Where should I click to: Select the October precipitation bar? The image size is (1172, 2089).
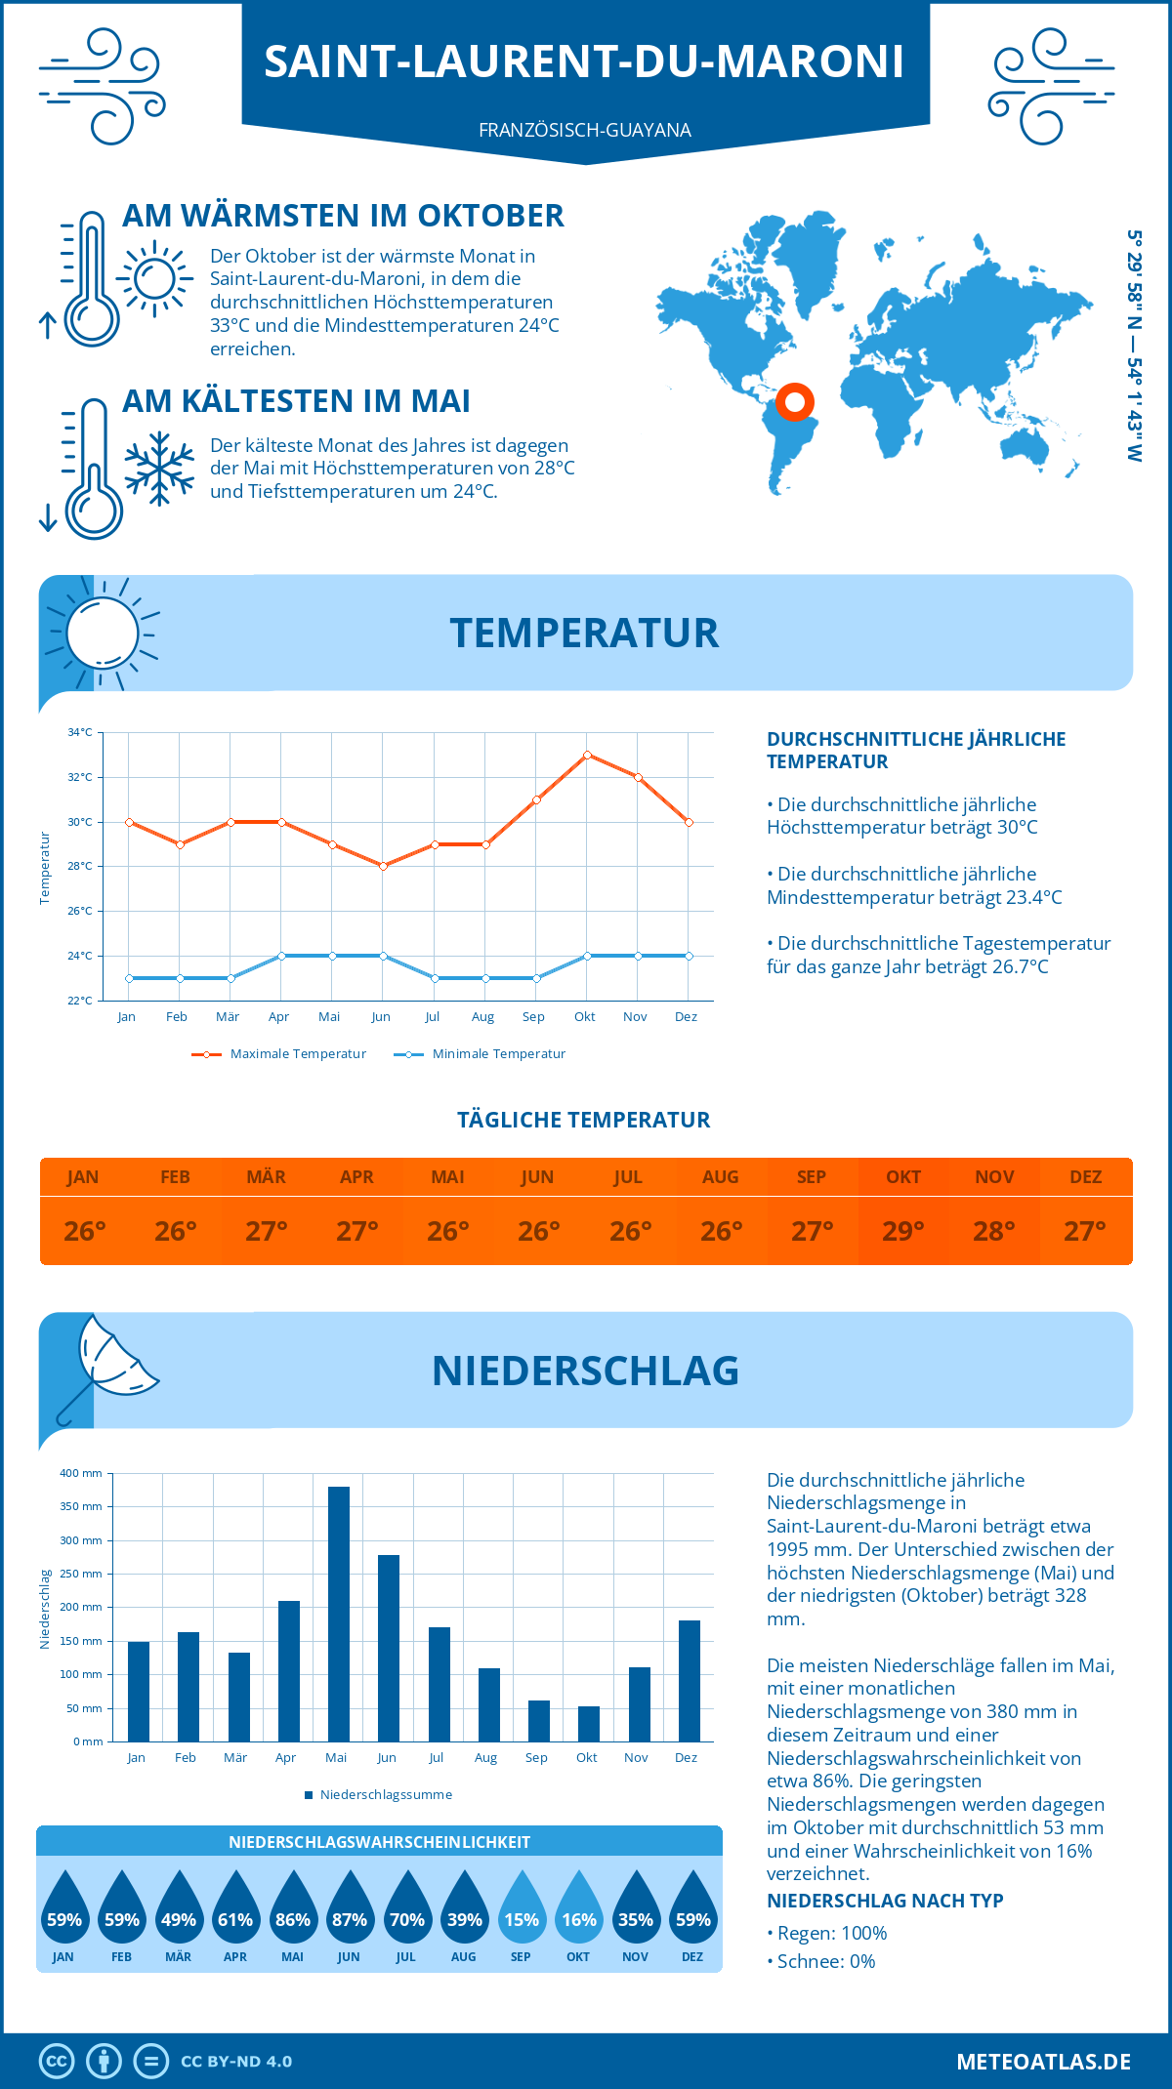point(589,1724)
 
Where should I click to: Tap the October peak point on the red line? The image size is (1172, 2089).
point(587,755)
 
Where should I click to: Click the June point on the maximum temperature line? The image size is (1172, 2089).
point(383,866)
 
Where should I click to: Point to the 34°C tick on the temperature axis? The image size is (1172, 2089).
point(80,732)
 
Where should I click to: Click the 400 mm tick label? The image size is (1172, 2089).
point(81,1473)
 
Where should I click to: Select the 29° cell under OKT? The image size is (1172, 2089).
point(903,1231)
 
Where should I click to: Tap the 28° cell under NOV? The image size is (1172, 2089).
point(994,1231)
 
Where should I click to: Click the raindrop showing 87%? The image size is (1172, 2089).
point(350,1911)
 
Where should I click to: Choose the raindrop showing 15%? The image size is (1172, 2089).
point(522,1911)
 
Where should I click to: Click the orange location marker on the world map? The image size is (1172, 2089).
point(795,401)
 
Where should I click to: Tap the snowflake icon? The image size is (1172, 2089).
point(159,469)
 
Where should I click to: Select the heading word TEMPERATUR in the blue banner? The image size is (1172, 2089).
point(584,633)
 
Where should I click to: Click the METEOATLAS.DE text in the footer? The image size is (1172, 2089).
point(1043,2062)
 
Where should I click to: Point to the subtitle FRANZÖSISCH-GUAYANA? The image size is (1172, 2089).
point(585,130)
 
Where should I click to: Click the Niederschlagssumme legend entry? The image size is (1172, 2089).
point(386,1795)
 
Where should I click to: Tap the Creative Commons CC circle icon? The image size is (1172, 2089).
point(57,2062)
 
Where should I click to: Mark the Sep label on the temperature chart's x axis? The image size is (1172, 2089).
point(533,1017)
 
